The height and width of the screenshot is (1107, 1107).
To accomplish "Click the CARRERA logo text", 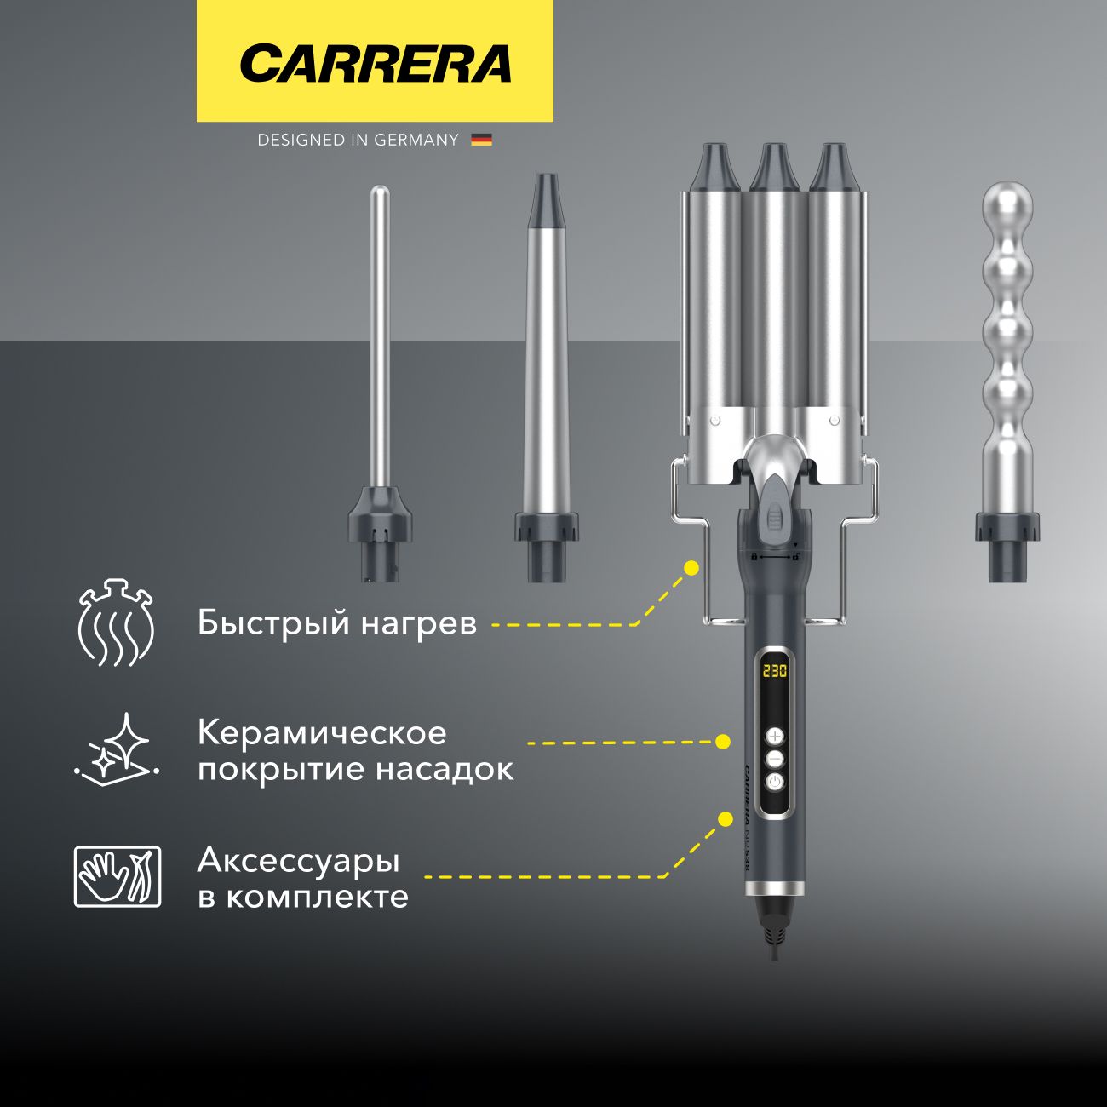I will click(375, 64).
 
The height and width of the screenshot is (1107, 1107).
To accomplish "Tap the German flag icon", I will click(481, 140).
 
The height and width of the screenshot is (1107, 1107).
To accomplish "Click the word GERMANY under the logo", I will click(416, 140).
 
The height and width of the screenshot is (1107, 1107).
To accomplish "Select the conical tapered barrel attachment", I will click(545, 358).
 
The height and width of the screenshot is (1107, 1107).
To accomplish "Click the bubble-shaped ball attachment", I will click(1008, 341).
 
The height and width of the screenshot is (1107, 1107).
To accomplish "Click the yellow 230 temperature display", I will click(774, 670).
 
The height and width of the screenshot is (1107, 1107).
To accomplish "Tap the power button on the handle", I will click(774, 782).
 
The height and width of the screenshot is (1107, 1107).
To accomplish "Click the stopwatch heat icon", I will click(116, 623).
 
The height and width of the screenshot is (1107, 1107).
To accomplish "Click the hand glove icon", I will click(117, 876).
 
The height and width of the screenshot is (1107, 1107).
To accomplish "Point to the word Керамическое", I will click(322, 733).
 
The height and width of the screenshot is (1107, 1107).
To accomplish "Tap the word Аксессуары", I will click(298, 861).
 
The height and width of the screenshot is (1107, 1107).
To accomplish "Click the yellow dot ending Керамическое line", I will click(723, 742).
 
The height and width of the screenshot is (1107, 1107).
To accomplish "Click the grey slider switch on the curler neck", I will click(774, 516).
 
